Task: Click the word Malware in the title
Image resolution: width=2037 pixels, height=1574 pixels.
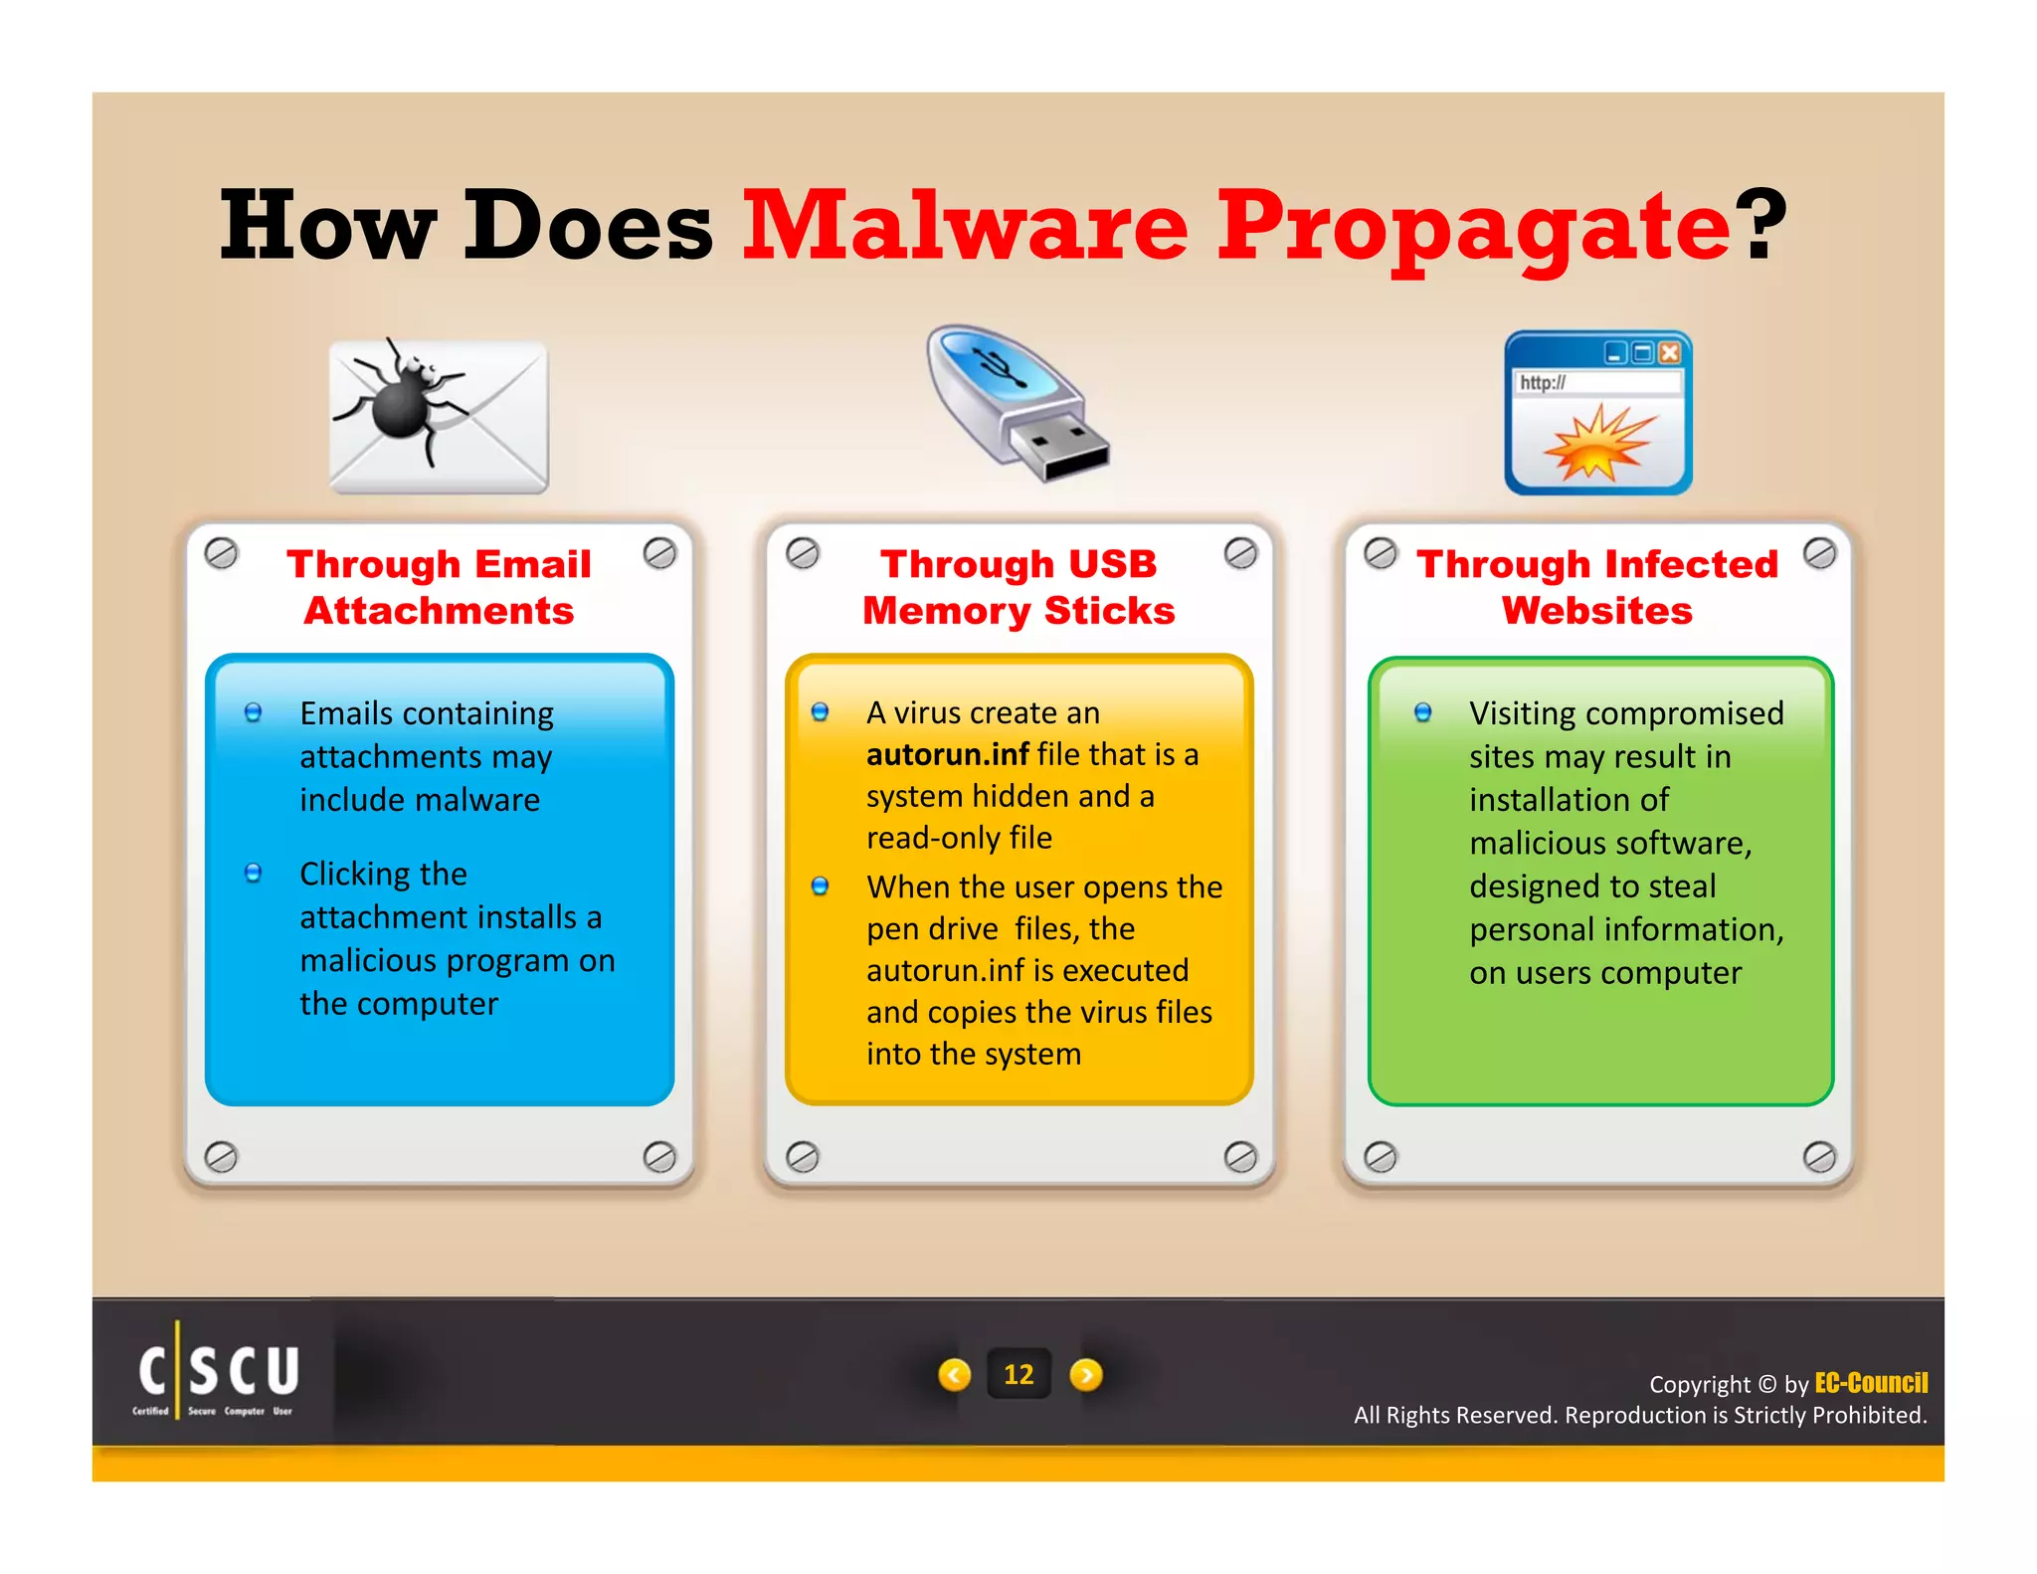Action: click(965, 227)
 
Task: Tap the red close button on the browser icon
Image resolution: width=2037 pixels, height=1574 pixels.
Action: click(1670, 353)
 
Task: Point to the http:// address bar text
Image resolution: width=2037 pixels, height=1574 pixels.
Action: click(1543, 383)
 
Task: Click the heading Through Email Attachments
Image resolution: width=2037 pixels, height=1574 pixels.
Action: click(439, 587)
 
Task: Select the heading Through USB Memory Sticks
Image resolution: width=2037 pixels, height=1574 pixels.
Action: click(1018, 587)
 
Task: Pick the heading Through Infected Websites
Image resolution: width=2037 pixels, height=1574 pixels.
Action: click(1597, 587)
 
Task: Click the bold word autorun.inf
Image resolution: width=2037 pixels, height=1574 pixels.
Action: click(947, 755)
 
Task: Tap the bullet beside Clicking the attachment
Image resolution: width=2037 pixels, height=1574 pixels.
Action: click(254, 874)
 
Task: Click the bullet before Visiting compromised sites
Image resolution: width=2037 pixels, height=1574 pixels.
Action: click(1423, 712)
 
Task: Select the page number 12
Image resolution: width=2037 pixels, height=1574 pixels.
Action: click(1018, 1374)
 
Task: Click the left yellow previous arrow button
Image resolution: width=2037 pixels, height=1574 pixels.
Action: click(955, 1375)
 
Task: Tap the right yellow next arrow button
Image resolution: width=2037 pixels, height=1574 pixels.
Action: click(1086, 1375)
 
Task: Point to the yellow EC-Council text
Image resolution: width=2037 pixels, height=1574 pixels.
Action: click(1871, 1383)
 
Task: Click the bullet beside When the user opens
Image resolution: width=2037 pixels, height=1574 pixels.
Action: click(820, 886)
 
